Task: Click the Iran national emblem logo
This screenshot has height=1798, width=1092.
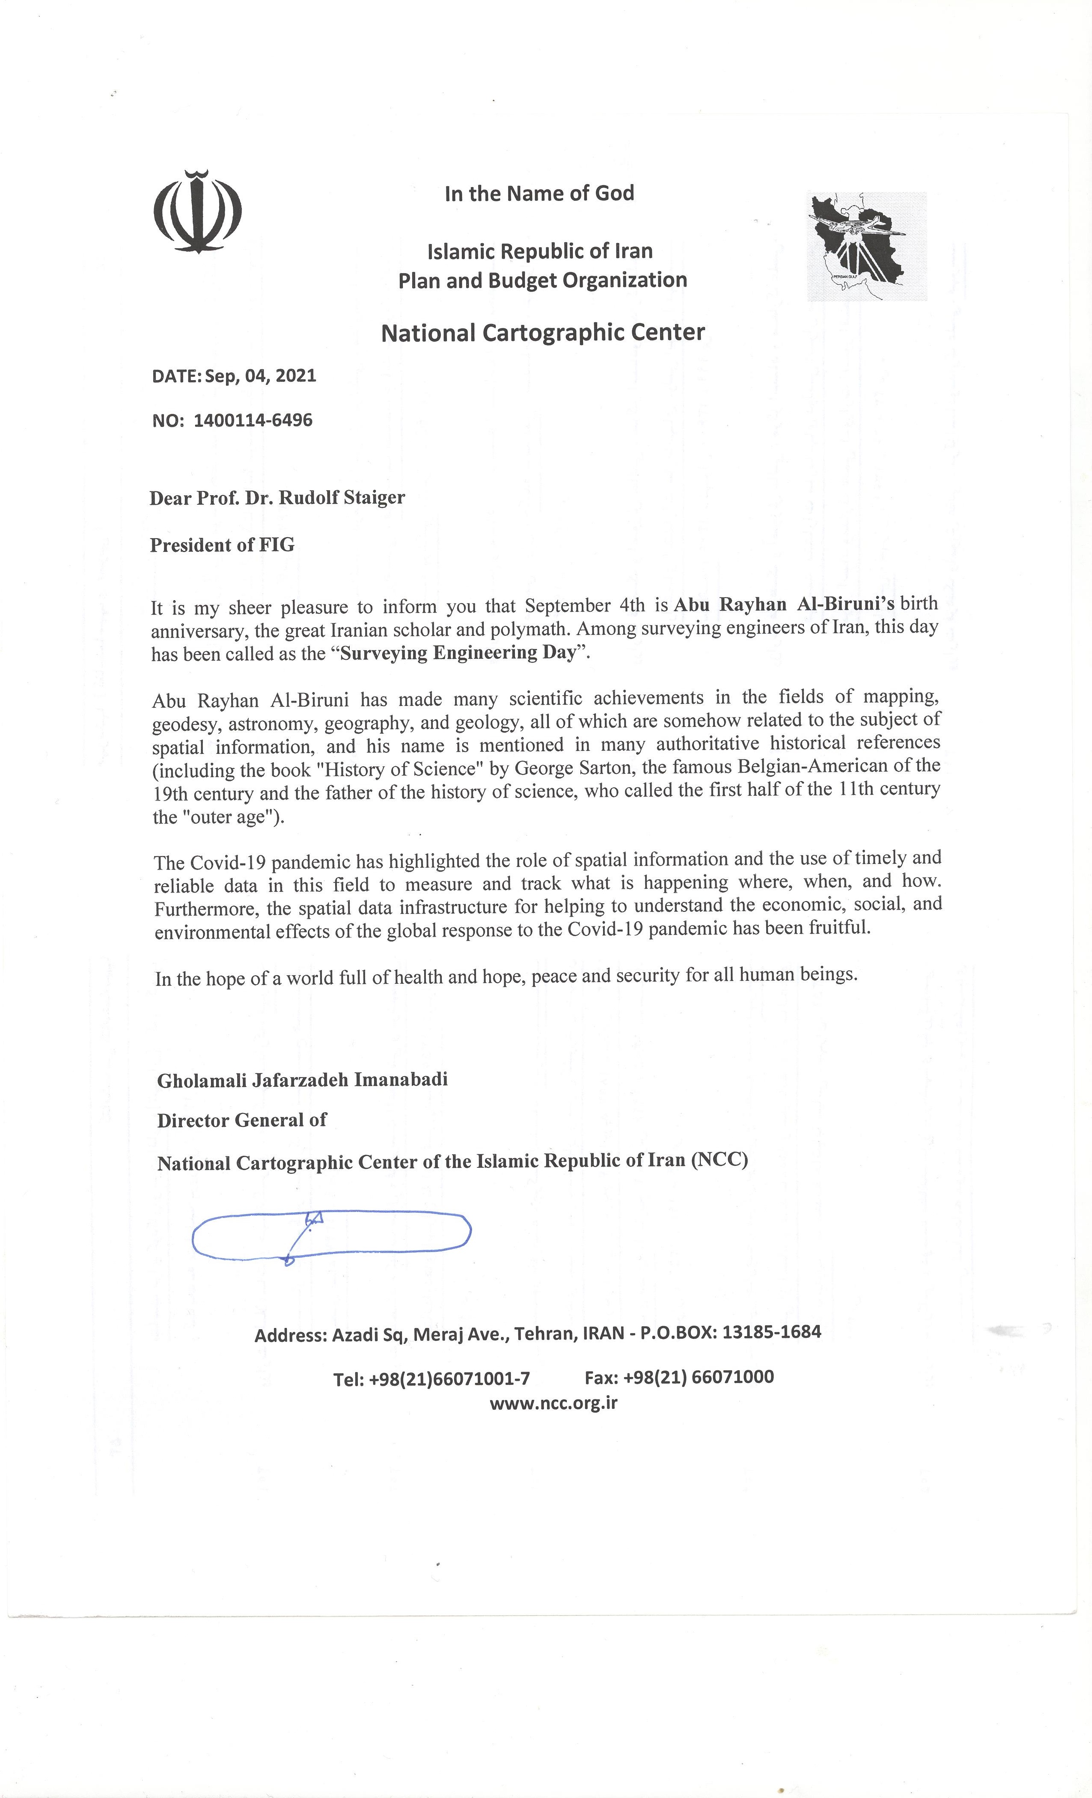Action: click(197, 211)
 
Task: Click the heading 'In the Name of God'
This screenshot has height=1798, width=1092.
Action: click(539, 193)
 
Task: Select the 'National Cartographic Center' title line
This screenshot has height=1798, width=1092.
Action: click(543, 333)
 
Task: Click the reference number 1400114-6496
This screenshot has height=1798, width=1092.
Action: click(253, 420)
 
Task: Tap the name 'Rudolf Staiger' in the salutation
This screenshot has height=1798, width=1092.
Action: click(342, 497)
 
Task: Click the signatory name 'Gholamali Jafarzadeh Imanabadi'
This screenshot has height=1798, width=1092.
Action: click(302, 1079)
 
